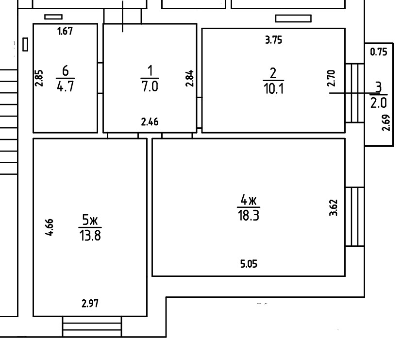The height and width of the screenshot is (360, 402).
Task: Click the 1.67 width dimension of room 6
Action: (65, 32)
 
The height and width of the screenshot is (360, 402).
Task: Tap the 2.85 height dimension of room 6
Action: (39, 78)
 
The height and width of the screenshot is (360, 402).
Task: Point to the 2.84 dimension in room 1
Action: (190, 78)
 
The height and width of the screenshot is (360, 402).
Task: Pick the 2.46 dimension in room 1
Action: (150, 122)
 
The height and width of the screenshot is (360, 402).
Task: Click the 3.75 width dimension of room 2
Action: (273, 41)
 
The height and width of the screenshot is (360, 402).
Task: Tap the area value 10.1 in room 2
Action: (273, 90)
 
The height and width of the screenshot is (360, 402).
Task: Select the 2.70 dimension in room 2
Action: (331, 78)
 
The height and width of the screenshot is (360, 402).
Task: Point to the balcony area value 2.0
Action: (379, 103)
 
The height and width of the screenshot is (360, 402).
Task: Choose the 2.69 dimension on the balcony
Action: (385, 123)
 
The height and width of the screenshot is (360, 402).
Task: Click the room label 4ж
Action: (248, 200)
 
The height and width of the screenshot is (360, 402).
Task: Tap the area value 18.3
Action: (248, 215)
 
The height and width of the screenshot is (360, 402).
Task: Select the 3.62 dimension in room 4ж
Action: (334, 207)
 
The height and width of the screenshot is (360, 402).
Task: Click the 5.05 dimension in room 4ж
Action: (249, 264)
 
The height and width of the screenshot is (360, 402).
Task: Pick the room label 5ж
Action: (90, 221)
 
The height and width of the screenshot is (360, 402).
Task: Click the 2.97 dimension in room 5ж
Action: (90, 305)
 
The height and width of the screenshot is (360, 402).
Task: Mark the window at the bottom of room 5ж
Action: (92, 326)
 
